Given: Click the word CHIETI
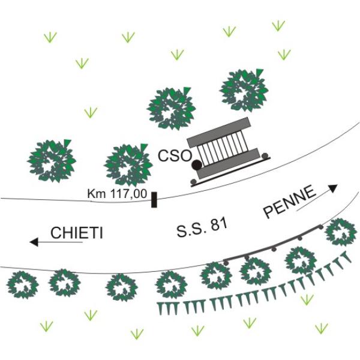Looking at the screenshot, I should click(x=76, y=233).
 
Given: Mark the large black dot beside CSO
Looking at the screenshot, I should click(x=196, y=164).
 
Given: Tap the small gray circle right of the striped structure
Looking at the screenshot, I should click(x=265, y=155).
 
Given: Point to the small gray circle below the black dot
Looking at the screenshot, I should click(x=193, y=181).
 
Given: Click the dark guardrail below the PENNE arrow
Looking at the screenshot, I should click(x=273, y=246).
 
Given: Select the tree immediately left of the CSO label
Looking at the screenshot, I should click(x=127, y=164).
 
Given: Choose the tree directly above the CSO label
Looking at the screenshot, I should click(x=172, y=108).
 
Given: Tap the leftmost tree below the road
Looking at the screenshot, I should click(x=23, y=284).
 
